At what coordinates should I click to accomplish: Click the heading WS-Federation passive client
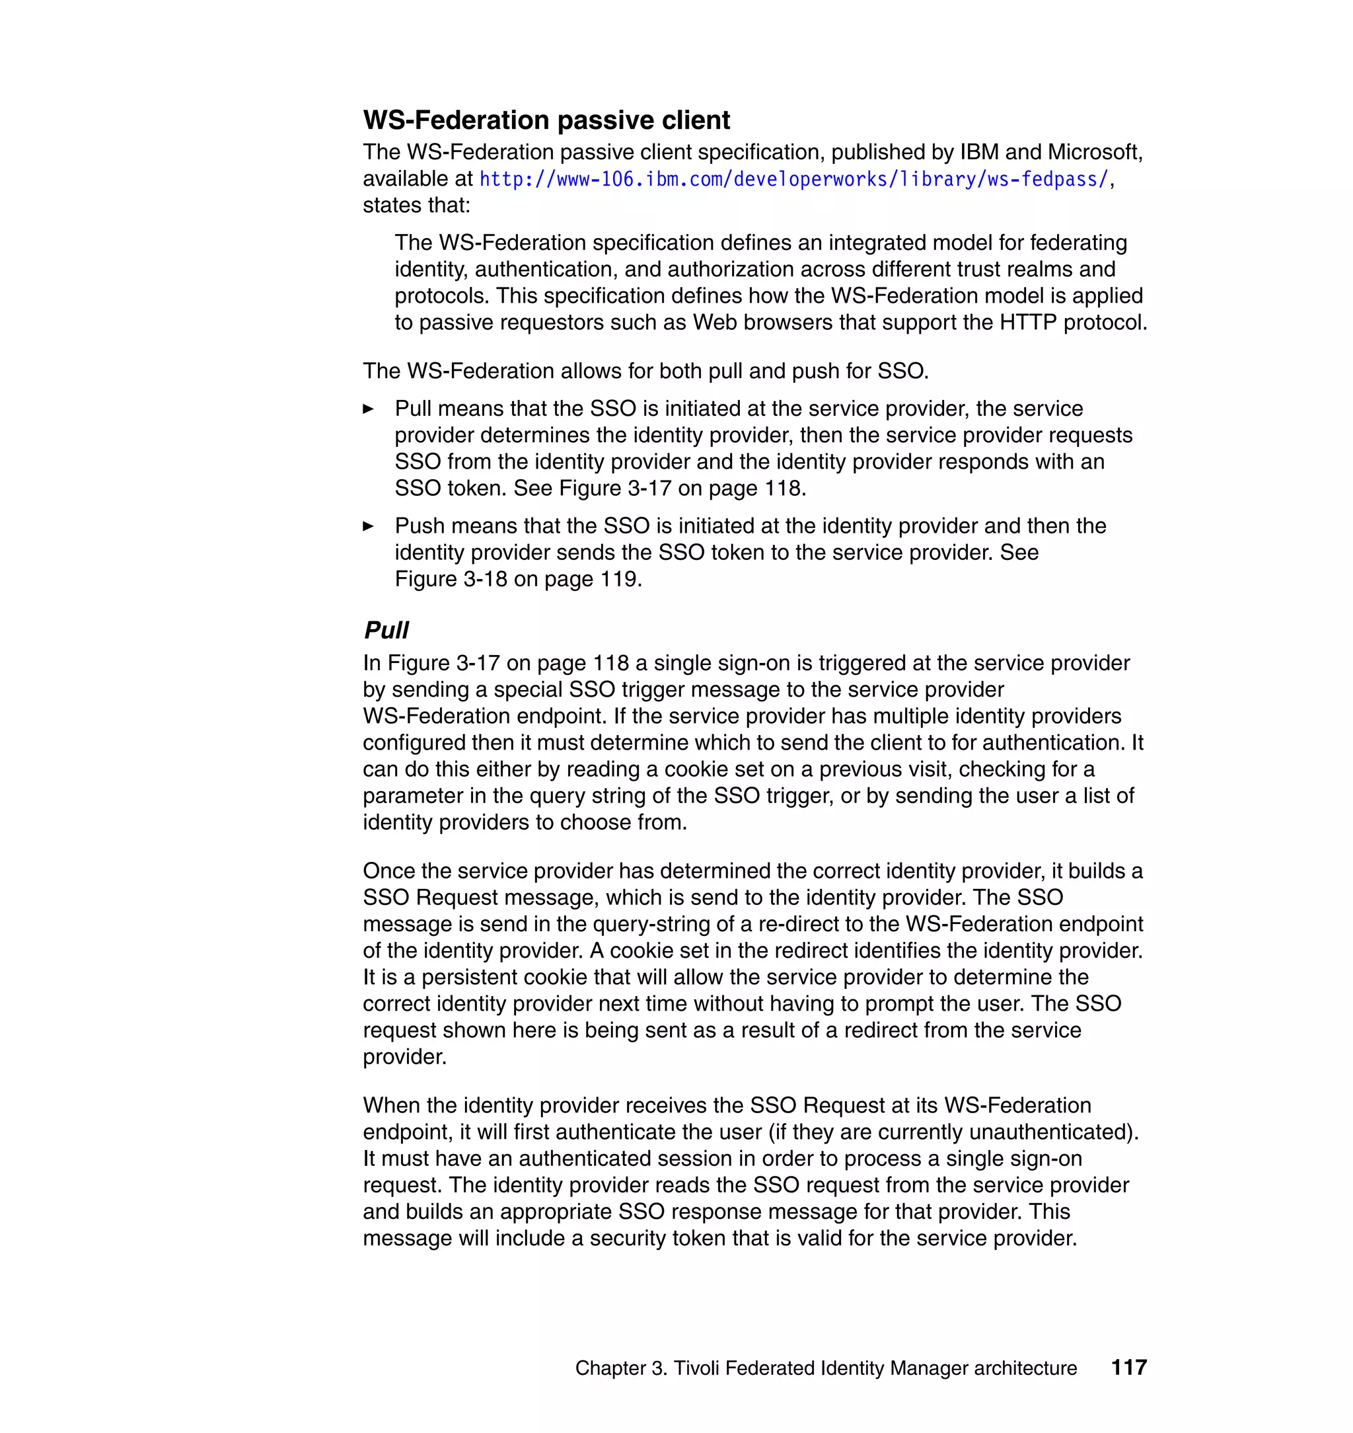tap(546, 120)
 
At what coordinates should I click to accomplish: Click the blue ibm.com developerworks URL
tap(793, 179)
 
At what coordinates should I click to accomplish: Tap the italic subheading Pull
tap(386, 630)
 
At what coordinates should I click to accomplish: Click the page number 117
tap(1128, 1368)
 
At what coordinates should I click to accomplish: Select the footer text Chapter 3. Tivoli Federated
tap(825, 1368)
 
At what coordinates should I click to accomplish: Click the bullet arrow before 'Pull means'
tap(369, 409)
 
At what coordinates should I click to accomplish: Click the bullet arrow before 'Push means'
tap(369, 526)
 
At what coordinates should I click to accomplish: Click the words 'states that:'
tap(416, 206)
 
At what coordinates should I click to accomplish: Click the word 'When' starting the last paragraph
tap(391, 1105)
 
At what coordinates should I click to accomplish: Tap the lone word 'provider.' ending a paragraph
tap(404, 1057)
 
